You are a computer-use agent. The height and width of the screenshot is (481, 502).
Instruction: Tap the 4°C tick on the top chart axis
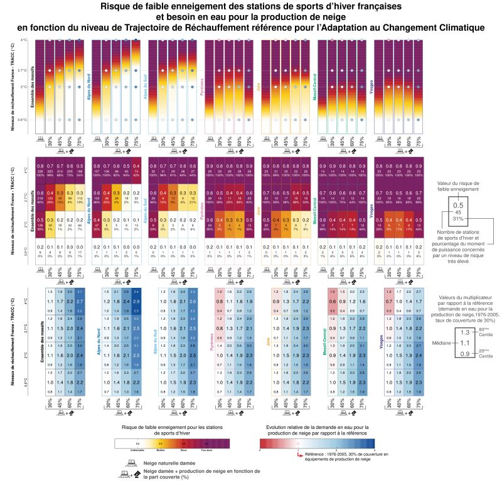point(24,40)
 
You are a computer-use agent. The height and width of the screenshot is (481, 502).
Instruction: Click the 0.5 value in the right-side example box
point(459,205)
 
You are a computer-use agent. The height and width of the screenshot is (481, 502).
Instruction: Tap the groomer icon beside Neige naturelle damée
point(132,461)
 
